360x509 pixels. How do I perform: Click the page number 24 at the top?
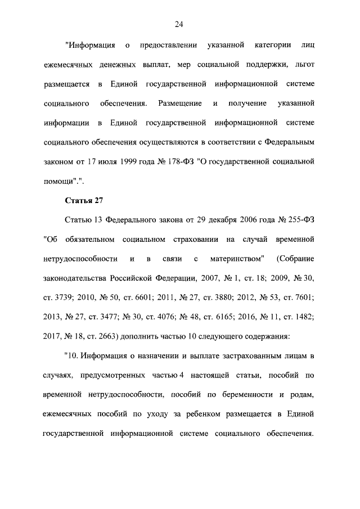point(179,24)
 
